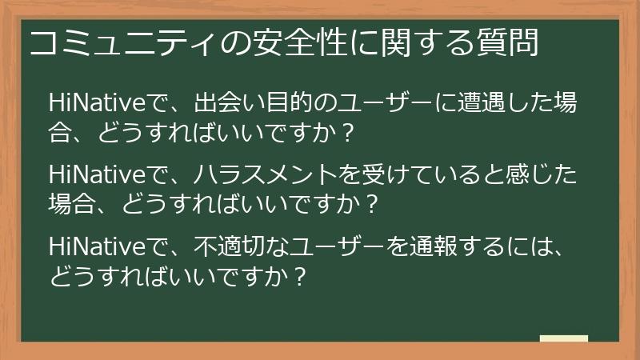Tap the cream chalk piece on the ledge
[563, 338]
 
